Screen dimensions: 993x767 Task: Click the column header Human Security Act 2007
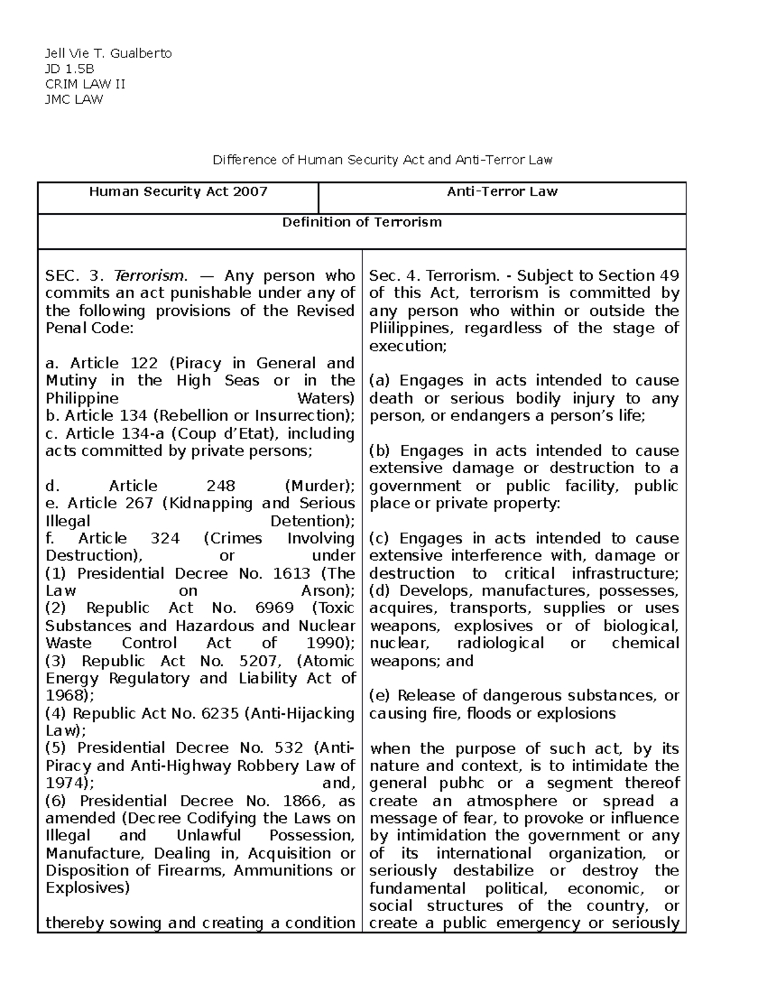178,191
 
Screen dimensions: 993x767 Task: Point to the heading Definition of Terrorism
362,223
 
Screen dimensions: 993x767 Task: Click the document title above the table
382,160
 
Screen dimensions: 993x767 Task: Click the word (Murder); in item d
320,486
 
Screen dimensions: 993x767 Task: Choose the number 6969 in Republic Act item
274,609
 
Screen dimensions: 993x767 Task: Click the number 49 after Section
669,276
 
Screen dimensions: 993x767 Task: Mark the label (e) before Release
380,696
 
